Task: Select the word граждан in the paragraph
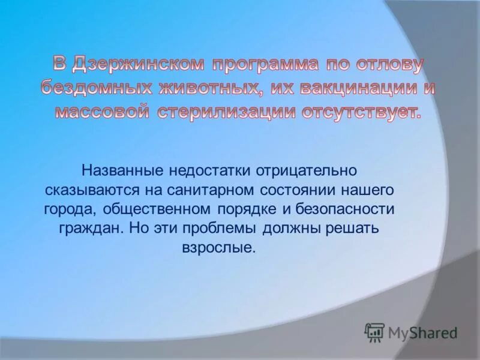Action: coord(84,229)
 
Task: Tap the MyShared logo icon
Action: coord(374,332)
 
